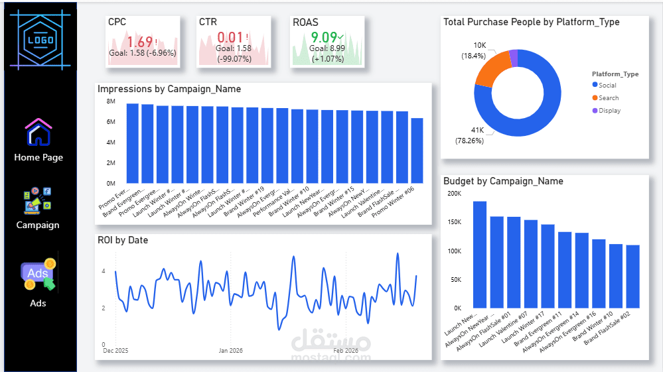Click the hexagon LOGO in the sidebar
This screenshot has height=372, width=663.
tap(40, 38)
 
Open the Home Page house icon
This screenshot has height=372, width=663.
tap(38, 132)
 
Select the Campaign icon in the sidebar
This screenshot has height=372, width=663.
tap(38, 200)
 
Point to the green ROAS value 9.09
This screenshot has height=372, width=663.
tap(324, 37)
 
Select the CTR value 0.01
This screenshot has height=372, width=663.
tap(230, 37)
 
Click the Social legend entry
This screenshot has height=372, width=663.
tap(607, 86)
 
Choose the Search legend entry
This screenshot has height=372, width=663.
tap(608, 98)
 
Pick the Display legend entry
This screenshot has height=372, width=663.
tap(609, 111)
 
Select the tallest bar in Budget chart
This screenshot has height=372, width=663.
tap(480, 254)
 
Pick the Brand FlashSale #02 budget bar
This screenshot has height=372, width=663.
tap(632, 277)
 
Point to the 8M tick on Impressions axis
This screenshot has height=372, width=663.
tap(111, 101)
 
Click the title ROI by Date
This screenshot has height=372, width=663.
tap(123, 240)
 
